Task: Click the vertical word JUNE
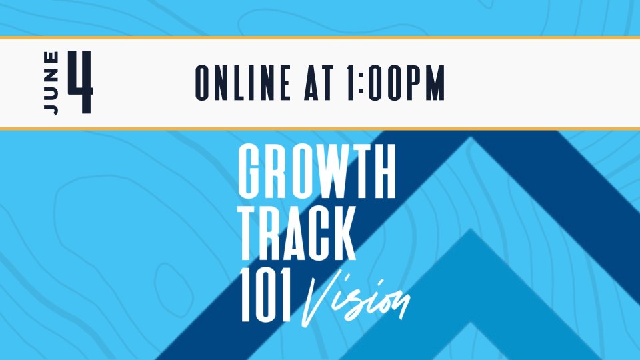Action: (x=51, y=83)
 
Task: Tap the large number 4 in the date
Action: (x=81, y=82)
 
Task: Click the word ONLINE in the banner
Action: (x=243, y=83)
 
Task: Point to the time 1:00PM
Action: (x=396, y=83)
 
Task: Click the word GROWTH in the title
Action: (x=317, y=171)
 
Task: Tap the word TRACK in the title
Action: (x=297, y=233)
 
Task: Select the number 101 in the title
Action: (x=266, y=295)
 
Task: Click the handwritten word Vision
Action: (x=355, y=300)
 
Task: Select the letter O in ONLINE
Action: (x=204, y=83)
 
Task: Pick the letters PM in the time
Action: (x=425, y=83)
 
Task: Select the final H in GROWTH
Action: (x=383, y=171)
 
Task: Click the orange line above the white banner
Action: (x=320, y=37)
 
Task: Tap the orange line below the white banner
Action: (x=320, y=129)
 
